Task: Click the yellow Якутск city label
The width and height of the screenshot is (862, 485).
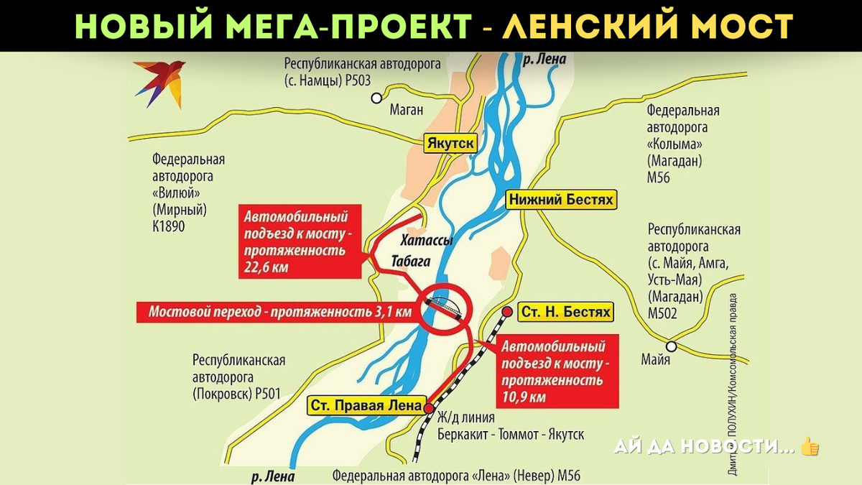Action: click(x=450, y=143)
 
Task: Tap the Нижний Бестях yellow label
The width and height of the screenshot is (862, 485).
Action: click(x=561, y=200)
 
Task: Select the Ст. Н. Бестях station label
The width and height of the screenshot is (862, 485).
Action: click(x=565, y=312)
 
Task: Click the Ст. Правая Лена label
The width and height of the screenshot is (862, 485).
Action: click(x=366, y=405)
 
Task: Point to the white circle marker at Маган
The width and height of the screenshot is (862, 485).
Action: click(x=376, y=99)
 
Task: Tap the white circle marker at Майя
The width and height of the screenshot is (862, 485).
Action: click(x=671, y=344)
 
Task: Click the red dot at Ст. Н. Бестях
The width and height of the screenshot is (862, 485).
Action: click(x=507, y=312)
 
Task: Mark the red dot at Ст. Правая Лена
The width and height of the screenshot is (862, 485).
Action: click(x=429, y=407)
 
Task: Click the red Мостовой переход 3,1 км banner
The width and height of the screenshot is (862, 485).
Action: click(x=279, y=312)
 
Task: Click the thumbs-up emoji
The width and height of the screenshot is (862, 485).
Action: click(x=810, y=447)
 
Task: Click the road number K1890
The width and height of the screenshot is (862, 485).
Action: click(x=169, y=226)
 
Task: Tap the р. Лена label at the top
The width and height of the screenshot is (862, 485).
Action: click(x=544, y=60)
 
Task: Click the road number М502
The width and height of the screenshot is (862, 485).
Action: click(x=664, y=313)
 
